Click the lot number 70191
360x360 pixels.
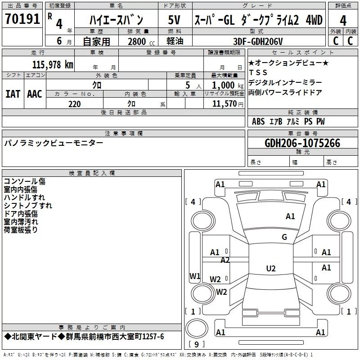[x=22, y=19]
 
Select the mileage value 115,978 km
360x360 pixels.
[x=53, y=65]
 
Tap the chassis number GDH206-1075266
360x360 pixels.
[x=302, y=143]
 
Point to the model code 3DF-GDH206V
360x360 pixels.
[x=258, y=41]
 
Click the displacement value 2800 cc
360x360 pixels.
[x=141, y=41]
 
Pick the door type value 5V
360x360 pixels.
[x=174, y=20]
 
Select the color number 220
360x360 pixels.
[x=75, y=104]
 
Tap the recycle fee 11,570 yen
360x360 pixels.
[x=228, y=104]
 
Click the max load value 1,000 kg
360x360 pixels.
[x=228, y=85]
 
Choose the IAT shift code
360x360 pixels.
[x=13, y=94]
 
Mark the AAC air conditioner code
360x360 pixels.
[x=35, y=94]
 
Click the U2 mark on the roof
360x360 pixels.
[x=271, y=268]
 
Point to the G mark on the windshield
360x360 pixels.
[x=284, y=237]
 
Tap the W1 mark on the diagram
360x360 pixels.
[x=195, y=276]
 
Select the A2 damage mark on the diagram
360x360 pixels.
[x=225, y=260]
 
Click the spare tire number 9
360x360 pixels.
[x=197, y=344]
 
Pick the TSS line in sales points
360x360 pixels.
[x=258, y=72]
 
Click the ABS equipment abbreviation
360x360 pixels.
[x=258, y=121]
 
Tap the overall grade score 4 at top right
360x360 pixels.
[x=343, y=21]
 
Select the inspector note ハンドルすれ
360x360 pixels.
[x=24, y=198]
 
